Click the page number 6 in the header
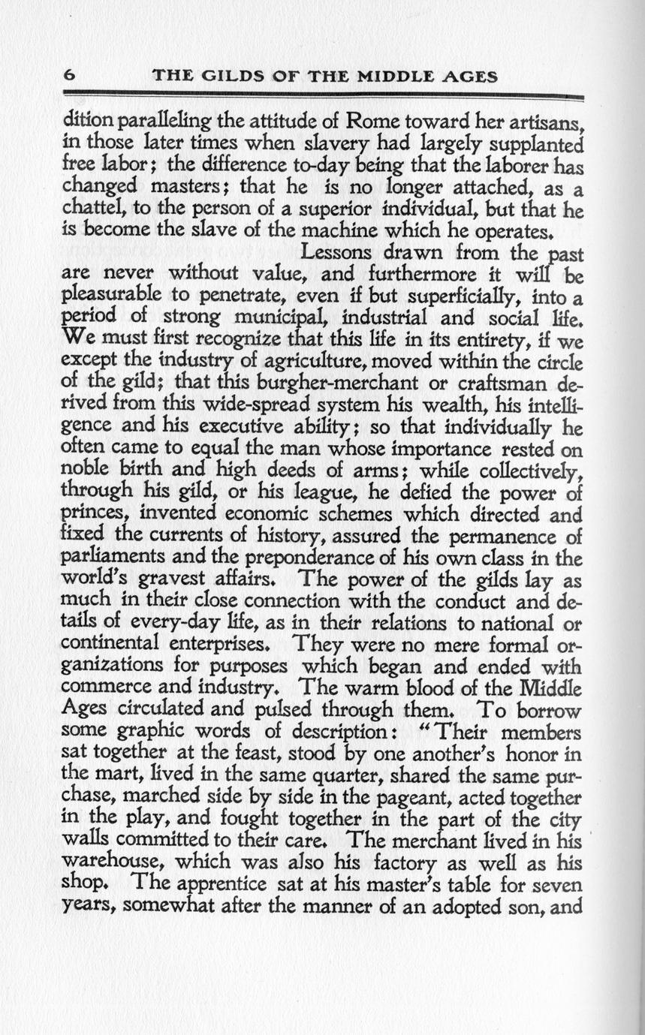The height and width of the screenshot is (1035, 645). (x=68, y=76)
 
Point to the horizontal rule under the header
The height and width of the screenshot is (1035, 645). (x=323, y=95)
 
